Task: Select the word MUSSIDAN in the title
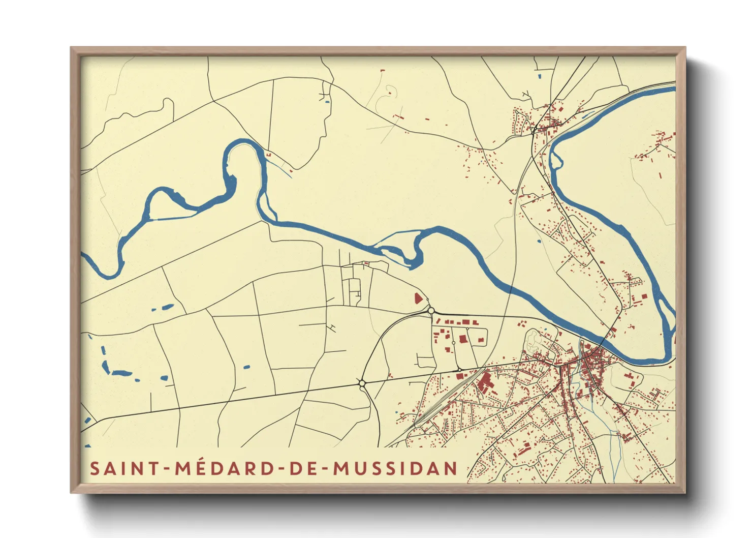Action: (x=395, y=468)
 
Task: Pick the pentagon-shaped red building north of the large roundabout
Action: (x=418, y=298)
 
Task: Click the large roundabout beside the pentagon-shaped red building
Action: (x=431, y=310)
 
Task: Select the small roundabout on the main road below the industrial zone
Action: (x=459, y=370)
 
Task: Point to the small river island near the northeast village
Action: (x=556, y=162)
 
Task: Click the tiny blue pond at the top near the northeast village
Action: (x=540, y=76)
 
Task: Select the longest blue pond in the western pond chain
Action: (x=121, y=373)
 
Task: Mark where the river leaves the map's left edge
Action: (x=83, y=257)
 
